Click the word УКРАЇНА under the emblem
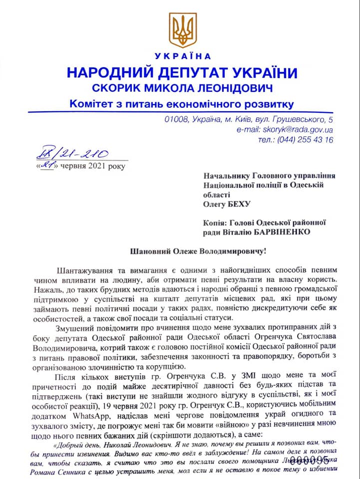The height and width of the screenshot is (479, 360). tap(182, 56)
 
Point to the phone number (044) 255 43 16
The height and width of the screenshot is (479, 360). tap(306, 140)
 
